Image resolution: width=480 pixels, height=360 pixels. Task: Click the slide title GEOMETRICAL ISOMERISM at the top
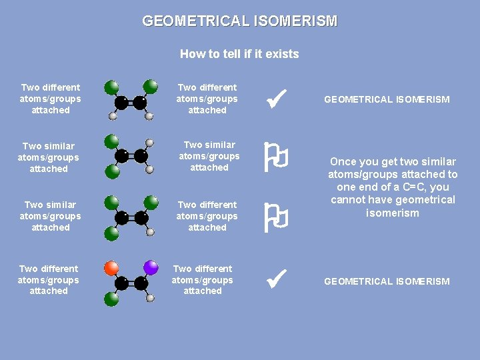(240, 21)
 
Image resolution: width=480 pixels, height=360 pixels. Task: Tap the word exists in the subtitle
(282, 54)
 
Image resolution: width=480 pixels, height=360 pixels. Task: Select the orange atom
(111, 268)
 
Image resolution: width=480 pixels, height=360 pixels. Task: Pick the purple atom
(151, 268)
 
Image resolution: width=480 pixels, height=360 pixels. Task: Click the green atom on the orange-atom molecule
(111, 299)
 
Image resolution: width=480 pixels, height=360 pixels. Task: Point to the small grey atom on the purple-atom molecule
(151, 298)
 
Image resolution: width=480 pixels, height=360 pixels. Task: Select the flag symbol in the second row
(276, 157)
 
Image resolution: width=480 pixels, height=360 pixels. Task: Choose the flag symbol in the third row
(276, 216)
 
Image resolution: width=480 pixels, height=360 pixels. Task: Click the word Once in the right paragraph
(344, 162)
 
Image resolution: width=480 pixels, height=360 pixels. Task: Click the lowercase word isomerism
(393, 213)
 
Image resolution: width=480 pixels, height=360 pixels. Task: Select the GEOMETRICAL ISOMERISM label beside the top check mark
(387, 99)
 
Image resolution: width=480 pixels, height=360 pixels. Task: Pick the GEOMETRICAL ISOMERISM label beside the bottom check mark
(387, 281)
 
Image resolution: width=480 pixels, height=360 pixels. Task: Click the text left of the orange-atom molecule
(49, 280)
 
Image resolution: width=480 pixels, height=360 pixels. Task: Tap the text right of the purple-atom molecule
(203, 280)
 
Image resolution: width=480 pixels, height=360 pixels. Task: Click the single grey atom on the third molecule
(151, 232)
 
